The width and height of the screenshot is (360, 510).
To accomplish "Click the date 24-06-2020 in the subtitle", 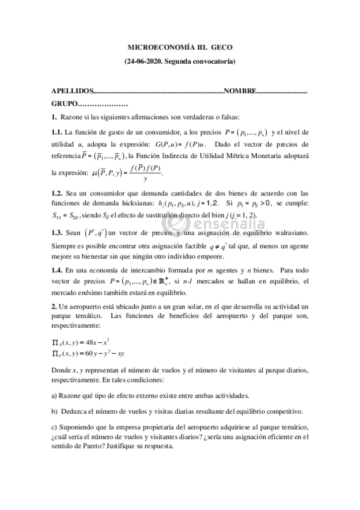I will click(x=147, y=61).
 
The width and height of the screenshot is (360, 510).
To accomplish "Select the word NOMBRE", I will click(x=240, y=91).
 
